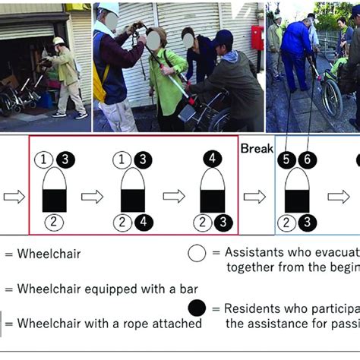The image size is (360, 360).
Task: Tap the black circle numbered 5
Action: (286, 160)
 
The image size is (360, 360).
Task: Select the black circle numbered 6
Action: (306, 160)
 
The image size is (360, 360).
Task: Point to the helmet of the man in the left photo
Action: (58, 41)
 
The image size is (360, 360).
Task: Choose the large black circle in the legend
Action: (197, 310)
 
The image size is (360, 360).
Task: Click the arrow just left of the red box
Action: (14, 197)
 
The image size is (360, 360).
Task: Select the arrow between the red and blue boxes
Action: (255, 197)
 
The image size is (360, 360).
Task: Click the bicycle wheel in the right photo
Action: (331, 99)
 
